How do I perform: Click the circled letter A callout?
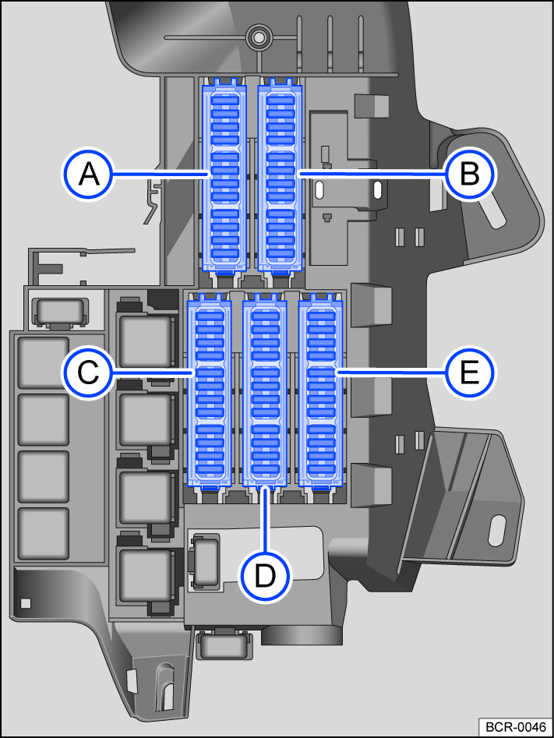click(x=89, y=174)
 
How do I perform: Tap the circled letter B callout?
click(x=470, y=174)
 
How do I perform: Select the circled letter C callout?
click(x=89, y=373)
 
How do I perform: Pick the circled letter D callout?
click(x=265, y=577)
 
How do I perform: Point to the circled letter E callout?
click(x=470, y=373)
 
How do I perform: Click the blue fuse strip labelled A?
click(x=224, y=178)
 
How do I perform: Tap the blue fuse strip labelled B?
click(x=280, y=178)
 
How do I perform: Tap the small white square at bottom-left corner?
click(x=26, y=602)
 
